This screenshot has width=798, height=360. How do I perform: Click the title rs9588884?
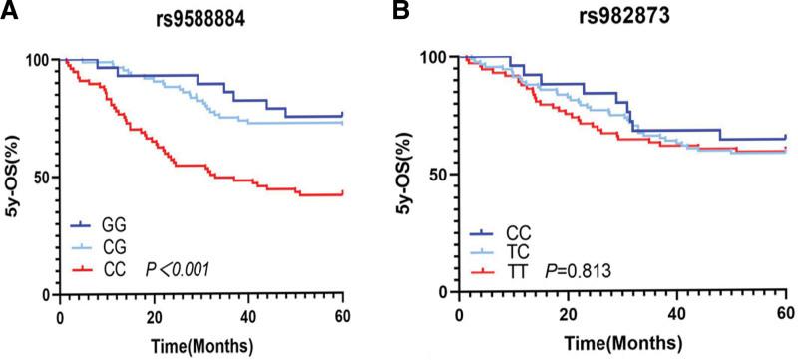pyautogui.click(x=205, y=13)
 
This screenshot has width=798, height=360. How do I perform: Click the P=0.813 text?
pyautogui.click(x=574, y=270)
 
